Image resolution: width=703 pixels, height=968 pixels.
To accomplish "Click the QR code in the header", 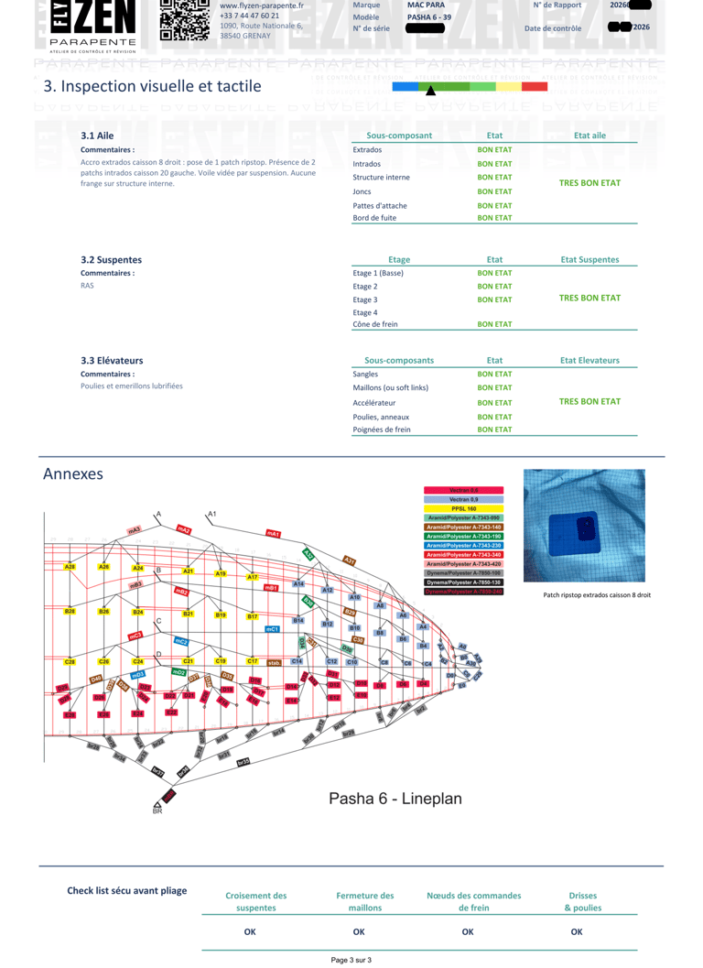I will (x=184, y=20).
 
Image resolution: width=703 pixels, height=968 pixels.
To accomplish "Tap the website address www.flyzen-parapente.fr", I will (x=262, y=5).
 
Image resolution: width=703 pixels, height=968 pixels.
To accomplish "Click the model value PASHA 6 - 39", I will (x=429, y=17).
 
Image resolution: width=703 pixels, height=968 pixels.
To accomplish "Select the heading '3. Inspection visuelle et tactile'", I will (x=152, y=86).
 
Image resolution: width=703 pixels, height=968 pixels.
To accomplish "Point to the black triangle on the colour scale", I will (x=431, y=90).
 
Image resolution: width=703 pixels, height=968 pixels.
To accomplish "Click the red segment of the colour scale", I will (x=535, y=86).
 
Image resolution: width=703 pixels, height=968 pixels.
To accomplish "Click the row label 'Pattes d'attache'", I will (x=380, y=206).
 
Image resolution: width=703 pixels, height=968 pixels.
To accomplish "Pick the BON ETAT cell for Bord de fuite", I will (x=494, y=218).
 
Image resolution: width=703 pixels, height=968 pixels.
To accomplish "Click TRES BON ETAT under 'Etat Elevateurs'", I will (x=589, y=401).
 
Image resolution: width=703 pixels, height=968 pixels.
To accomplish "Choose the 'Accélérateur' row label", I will (x=374, y=402).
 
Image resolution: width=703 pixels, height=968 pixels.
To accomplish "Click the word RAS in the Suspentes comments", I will (x=88, y=286).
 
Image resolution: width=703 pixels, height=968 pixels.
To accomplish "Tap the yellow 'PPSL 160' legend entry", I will (x=463, y=508).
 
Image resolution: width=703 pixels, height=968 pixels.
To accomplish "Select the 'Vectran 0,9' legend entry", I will (x=463, y=499).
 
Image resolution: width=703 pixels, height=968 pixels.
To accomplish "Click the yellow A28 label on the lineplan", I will (x=70, y=568).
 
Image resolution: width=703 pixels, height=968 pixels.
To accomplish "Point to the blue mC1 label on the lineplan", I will (x=272, y=629).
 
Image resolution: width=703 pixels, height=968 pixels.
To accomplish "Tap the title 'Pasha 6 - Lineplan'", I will (x=395, y=798).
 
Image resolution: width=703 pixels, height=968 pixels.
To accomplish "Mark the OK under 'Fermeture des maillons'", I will (x=359, y=931).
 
